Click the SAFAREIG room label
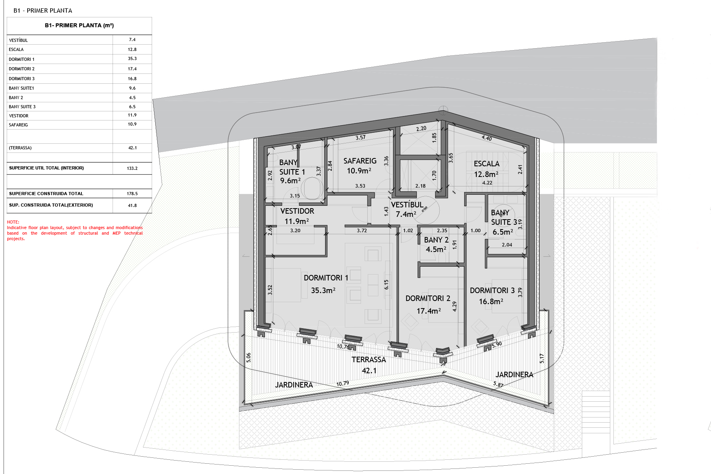point(360,161)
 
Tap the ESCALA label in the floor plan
point(487,164)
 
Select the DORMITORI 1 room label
point(326,278)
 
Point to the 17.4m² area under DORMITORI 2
point(429,311)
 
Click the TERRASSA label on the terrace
point(369,360)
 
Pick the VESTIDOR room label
point(297,211)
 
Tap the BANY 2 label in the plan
point(436,240)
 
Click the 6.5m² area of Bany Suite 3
point(502,232)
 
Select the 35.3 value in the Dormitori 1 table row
point(132,59)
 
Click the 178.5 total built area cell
point(132,194)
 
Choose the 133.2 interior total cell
point(132,168)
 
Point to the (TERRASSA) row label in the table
point(20,148)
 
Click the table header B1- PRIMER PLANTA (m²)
point(79,26)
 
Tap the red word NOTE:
point(13,222)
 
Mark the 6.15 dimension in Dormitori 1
point(386,284)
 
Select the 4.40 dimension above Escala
point(487,138)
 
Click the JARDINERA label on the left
point(294,385)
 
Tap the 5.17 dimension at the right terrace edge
point(542,358)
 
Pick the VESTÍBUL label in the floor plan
point(407,205)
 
